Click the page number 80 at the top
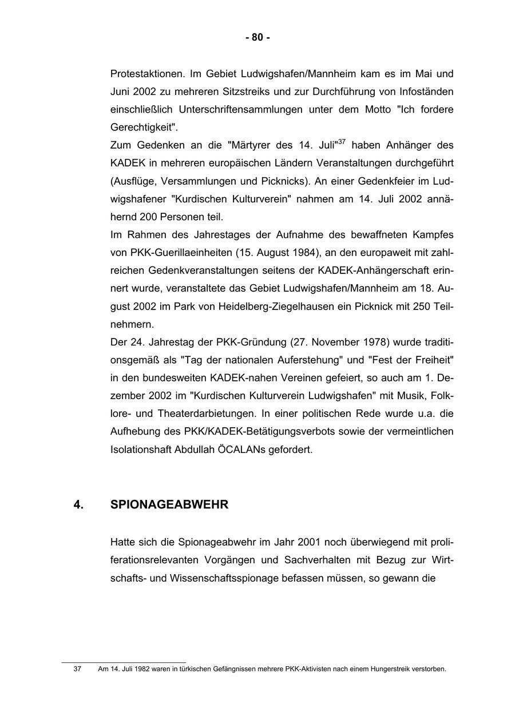257,38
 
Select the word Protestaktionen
147,74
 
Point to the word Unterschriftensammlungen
240,109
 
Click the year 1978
376,343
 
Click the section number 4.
78,505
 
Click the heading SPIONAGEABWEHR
169,505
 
